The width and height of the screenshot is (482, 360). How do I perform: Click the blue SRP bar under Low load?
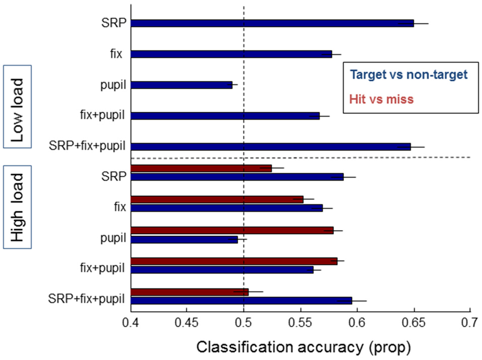click(272, 23)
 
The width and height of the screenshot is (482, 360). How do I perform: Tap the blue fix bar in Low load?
click(231, 54)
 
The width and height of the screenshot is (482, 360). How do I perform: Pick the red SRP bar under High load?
click(201, 168)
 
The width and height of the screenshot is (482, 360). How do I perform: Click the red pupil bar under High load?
click(232, 231)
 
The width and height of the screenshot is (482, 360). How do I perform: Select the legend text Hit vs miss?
click(382, 100)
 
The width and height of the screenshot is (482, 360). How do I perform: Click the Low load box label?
click(18, 106)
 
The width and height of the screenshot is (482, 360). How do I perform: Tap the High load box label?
click(18, 206)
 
